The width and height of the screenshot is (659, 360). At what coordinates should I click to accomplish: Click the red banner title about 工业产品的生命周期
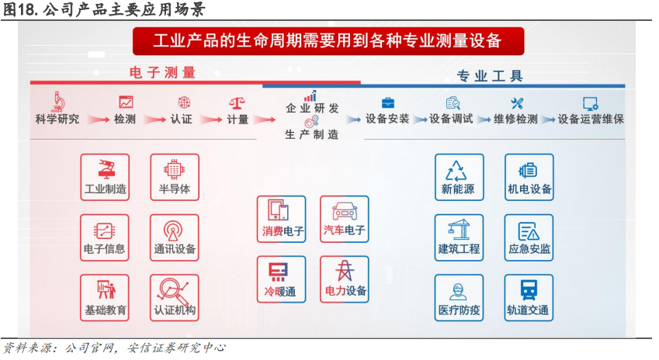328,40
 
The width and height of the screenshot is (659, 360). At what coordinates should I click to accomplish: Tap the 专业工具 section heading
490,76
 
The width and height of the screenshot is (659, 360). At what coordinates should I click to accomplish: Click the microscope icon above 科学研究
57,101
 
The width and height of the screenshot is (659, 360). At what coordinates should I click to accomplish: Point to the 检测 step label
124,119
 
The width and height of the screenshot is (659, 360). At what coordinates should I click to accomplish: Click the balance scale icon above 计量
238,102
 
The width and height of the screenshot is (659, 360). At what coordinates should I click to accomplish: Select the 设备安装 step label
387,119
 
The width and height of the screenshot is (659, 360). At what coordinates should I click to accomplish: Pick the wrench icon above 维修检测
517,102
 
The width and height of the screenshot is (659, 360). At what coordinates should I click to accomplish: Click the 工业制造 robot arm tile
105,177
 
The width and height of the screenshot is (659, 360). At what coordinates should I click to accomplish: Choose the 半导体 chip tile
175,177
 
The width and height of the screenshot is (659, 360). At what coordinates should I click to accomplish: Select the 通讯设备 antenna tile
175,237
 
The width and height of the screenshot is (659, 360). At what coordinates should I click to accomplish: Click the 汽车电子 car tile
344,219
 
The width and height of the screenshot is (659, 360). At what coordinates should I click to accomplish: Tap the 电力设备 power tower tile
344,279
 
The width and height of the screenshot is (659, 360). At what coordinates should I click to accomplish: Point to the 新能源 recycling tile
458,177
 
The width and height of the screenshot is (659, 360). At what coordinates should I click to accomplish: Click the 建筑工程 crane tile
458,237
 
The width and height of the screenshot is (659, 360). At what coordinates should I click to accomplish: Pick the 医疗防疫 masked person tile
458,298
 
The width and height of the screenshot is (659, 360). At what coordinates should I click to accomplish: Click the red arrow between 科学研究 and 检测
97,120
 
